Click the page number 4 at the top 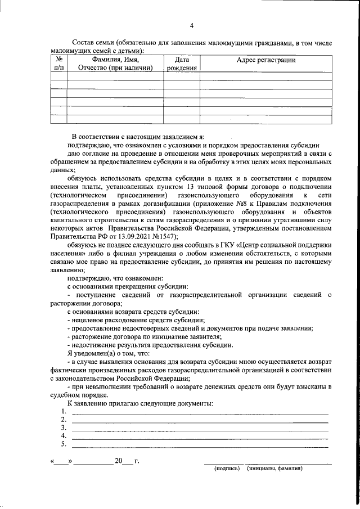click(x=191, y=25)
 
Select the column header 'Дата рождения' click(x=181, y=64)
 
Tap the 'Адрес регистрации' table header click(x=265, y=60)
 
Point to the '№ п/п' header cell click(x=59, y=64)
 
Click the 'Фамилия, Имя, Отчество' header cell click(x=115, y=64)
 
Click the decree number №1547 click(x=163, y=237)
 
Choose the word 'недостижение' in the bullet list click(x=96, y=345)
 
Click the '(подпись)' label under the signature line click(x=227, y=468)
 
